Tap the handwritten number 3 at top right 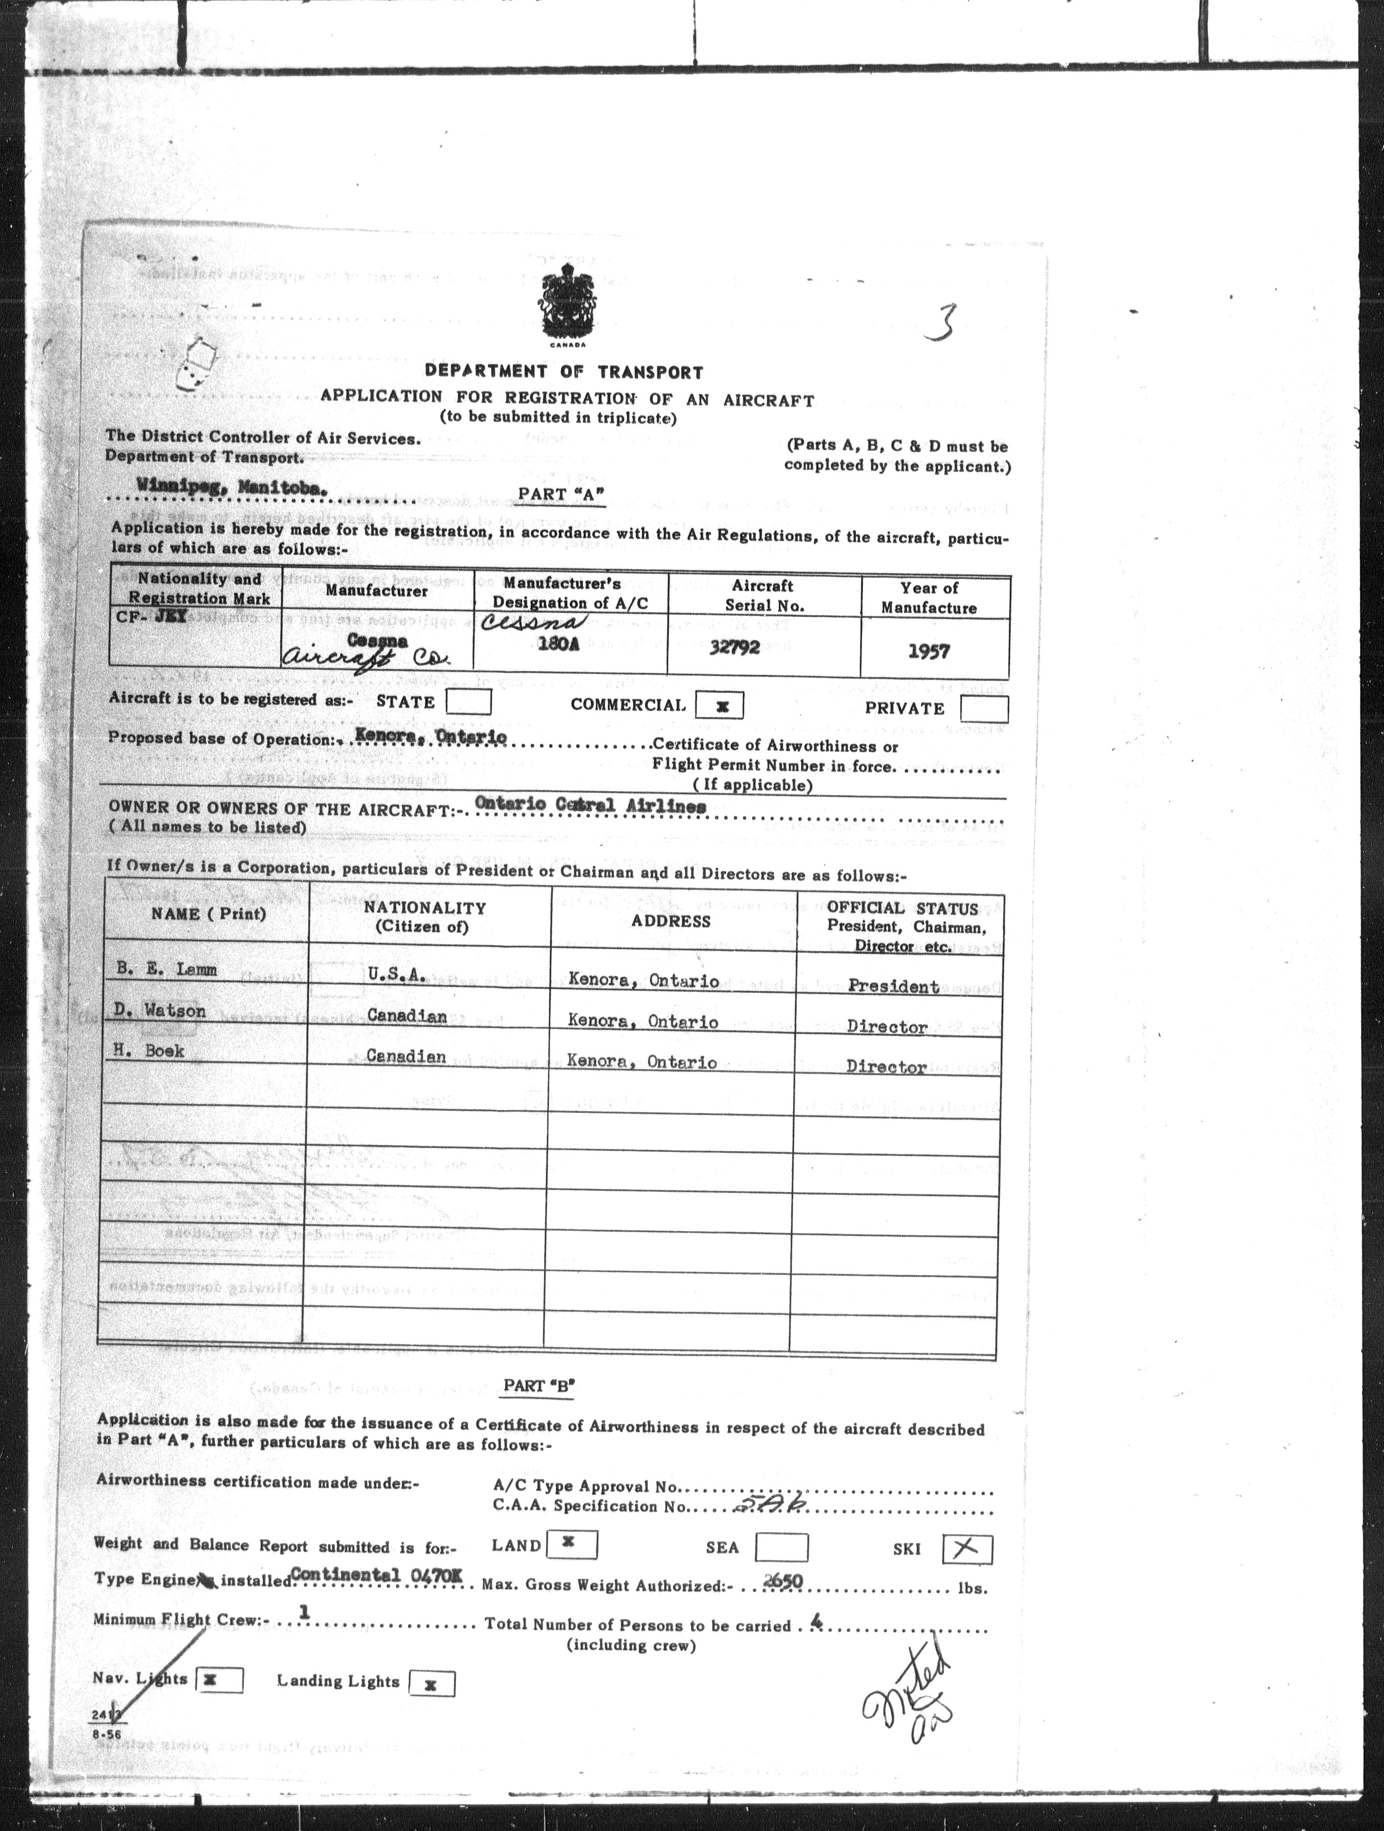click(941, 322)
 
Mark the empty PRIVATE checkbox click(984, 709)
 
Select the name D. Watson click(161, 1011)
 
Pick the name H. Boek click(150, 1051)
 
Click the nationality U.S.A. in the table click(396, 976)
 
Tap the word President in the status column click(893, 987)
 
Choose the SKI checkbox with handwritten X click(967, 1549)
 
